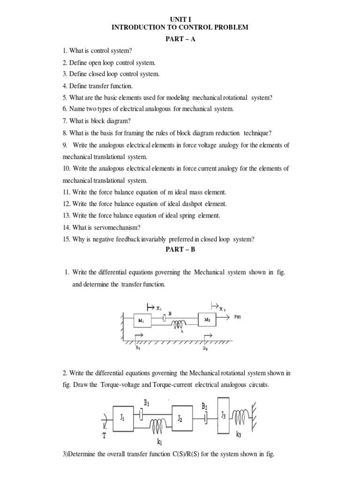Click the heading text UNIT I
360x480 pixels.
click(180, 19)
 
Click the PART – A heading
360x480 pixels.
click(180, 39)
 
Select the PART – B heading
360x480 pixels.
click(180, 249)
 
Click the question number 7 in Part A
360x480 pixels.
click(65, 121)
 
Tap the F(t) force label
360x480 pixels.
click(238, 316)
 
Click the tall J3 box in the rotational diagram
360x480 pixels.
click(223, 414)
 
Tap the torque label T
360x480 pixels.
click(104, 435)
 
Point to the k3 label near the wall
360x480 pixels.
click(240, 435)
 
